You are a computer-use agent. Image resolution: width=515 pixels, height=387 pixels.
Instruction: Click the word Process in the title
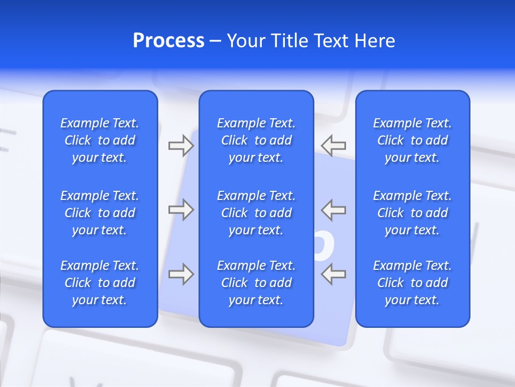(x=168, y=41)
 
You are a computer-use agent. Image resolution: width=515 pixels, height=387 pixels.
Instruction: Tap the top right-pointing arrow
(x=181, y=146)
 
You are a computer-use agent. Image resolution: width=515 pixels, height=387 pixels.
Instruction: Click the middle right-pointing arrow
(x=181, y=210)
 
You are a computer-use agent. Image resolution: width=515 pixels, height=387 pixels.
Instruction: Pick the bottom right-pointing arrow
(x=181, y=274)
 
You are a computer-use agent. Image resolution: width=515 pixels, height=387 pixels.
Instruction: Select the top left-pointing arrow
(x=334, y=146)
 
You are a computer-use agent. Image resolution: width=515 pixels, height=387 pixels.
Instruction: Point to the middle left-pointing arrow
(x=334, y=210)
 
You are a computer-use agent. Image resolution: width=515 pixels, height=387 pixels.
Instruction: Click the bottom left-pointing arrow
(x=334, y=274)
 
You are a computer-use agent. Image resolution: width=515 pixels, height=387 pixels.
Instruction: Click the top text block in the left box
(x=100, y=140)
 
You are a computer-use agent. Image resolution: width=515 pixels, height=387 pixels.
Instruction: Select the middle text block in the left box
(x=100, y=213)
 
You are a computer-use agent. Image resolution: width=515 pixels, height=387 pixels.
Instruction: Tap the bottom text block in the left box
(x=100, y=283)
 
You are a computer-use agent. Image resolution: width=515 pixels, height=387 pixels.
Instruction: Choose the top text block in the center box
(x=256, y=140)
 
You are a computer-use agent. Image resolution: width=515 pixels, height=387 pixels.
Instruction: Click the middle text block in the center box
(x=256, y=213)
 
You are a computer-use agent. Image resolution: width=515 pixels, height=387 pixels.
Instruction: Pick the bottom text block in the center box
(x=256, y=283)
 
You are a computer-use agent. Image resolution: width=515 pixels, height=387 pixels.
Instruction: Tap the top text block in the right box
(x=413, y=140)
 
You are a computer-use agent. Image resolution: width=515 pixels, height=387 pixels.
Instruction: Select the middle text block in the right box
(x=413, y=213)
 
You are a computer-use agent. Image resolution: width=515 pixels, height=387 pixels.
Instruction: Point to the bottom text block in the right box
(x=413, y=283)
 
